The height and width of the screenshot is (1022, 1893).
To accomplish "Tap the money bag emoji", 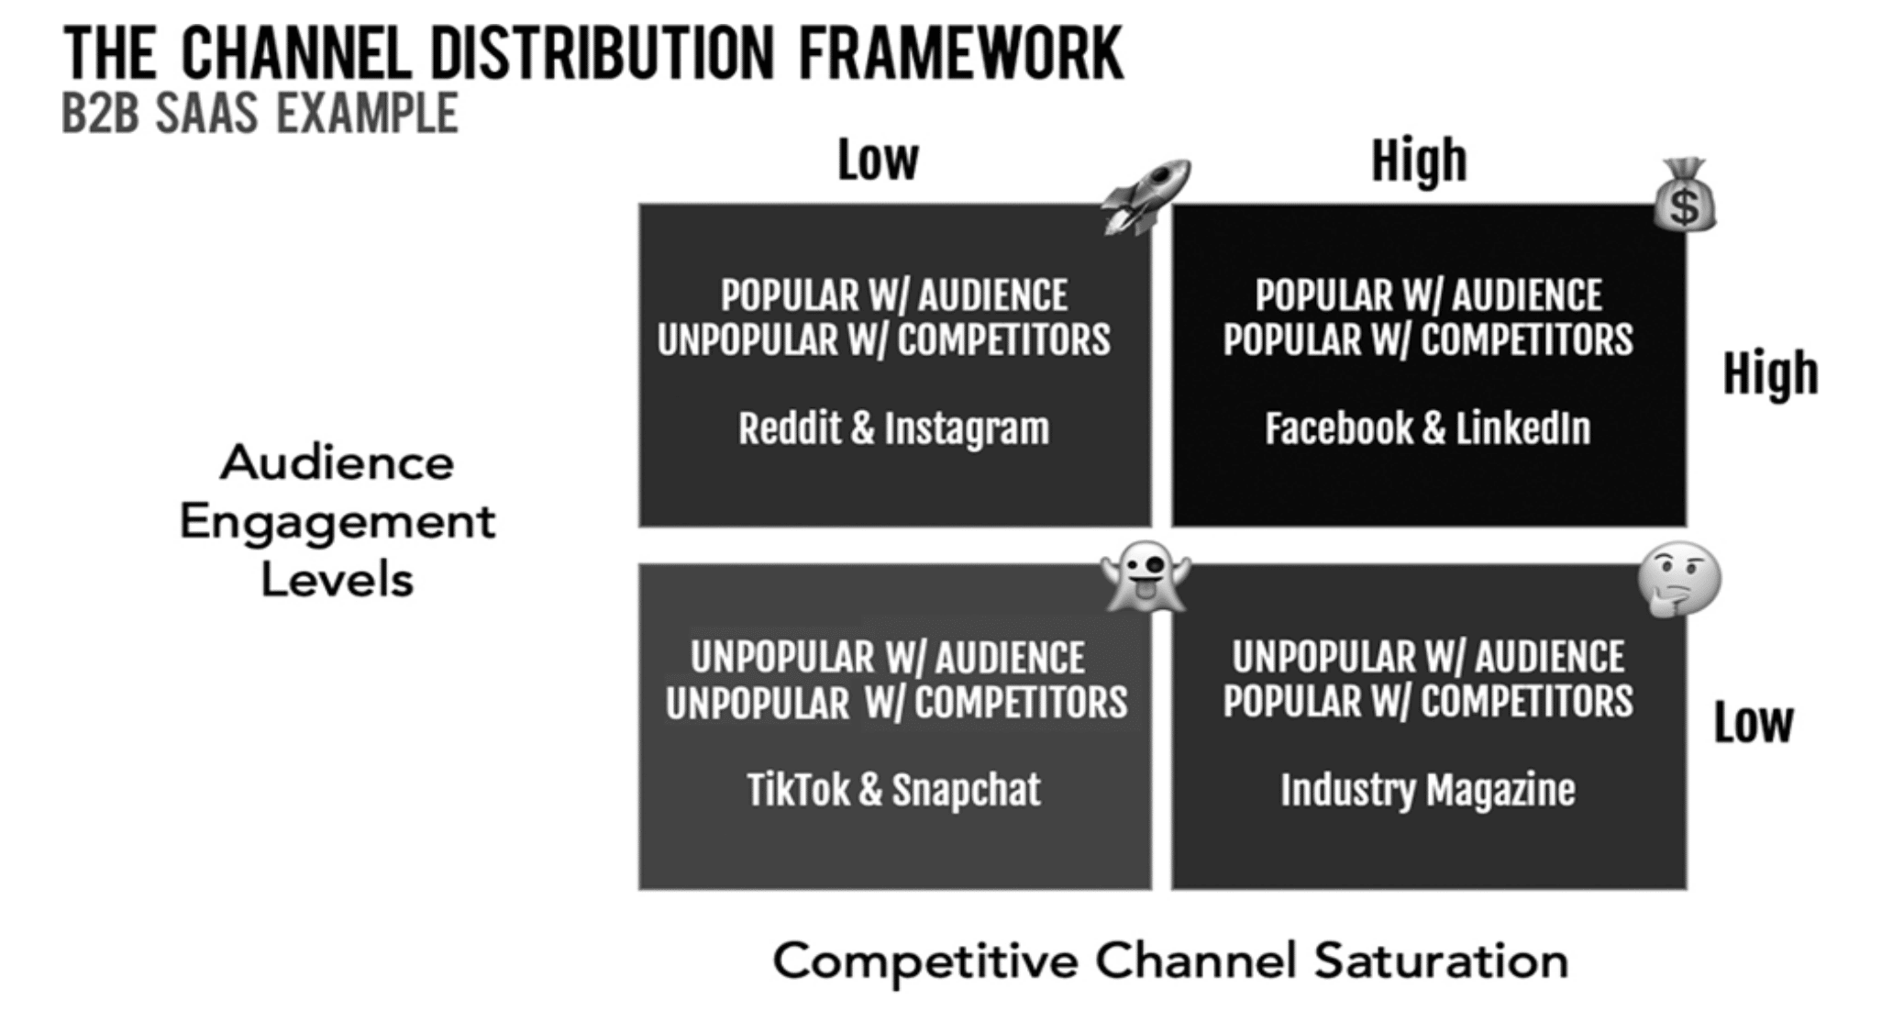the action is pos(1685,195).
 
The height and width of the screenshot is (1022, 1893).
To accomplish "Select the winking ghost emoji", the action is pos(1146,578).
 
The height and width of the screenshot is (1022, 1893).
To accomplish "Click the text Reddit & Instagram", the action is pos(894,428).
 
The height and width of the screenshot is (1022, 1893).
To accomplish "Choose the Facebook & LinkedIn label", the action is pos(1428,428).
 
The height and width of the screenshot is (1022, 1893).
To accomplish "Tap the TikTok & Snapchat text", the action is pos(894,790).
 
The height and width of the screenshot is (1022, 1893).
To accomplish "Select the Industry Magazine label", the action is pos(1428,790).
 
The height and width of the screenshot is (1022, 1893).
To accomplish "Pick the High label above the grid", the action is pos(1420,161).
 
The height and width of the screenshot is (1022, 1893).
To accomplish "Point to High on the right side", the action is pos(1771,374).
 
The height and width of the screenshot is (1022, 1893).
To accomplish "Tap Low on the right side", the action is pos(1754,723).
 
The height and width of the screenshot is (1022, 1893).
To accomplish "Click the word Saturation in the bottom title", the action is pos(1441,961).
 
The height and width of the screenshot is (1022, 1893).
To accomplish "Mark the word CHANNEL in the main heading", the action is pos(296,54).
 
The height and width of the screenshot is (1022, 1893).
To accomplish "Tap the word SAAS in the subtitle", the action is pos(207,114).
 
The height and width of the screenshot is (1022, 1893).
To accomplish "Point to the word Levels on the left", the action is pos(338,580).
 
